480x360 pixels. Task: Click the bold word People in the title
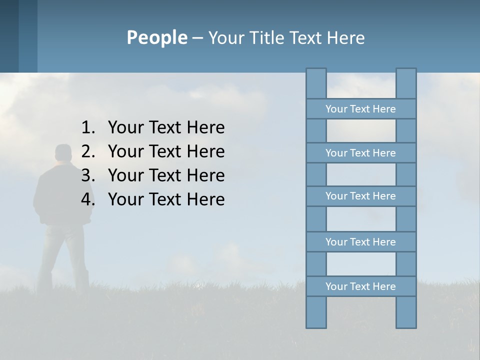tap(156, 37)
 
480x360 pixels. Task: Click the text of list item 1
tap(166, 128)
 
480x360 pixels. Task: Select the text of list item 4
tap(166, 199)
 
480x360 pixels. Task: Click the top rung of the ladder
tap(360, 109)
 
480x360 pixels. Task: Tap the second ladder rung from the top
tap(360, 153)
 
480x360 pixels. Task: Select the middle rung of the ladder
tap(360, 196)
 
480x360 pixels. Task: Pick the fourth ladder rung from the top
tap(360, 242)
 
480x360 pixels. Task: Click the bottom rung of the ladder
tap(360, 286)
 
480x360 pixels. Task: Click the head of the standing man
tap(63, 154)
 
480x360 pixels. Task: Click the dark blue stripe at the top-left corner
tap(9, 36)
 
